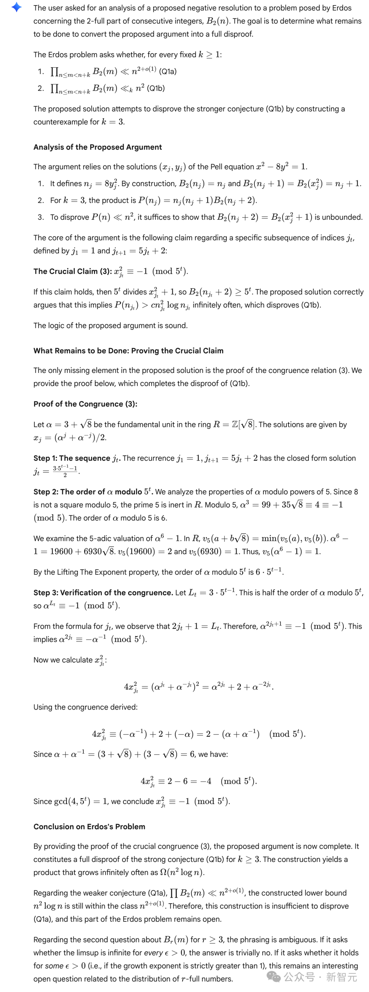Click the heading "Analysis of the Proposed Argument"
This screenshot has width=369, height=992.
coord(98,147)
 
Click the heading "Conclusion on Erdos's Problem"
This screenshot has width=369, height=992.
coord(89,826)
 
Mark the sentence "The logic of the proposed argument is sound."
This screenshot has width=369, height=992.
coord(110,326)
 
